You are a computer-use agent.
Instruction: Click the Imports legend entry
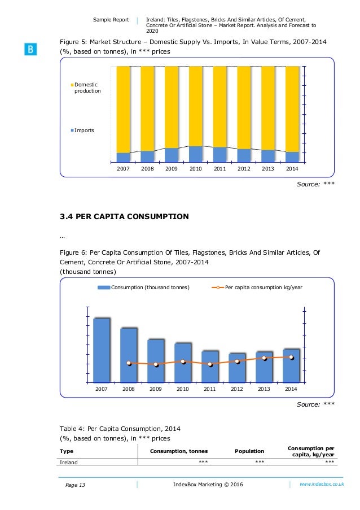(84, 130)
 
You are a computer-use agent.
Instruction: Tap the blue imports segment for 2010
(196, 154)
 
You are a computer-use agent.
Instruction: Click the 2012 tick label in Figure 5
(244, 169)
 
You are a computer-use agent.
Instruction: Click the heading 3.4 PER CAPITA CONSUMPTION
(124, 216)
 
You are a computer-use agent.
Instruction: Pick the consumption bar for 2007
(102, 350)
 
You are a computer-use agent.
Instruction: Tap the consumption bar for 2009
(156, 360)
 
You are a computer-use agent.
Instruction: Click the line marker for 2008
(129, 363)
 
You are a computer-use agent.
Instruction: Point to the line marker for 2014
(291, 357)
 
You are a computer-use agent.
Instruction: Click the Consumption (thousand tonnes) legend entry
(144, 287)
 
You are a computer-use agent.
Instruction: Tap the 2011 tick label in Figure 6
(210, 389)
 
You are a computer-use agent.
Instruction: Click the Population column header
(249, 451)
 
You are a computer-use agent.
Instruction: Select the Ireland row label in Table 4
(69, 462)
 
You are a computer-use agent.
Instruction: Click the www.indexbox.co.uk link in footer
(321, 484)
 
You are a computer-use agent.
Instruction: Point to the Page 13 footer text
(74, 485)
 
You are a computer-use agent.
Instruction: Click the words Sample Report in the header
(111, 20)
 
